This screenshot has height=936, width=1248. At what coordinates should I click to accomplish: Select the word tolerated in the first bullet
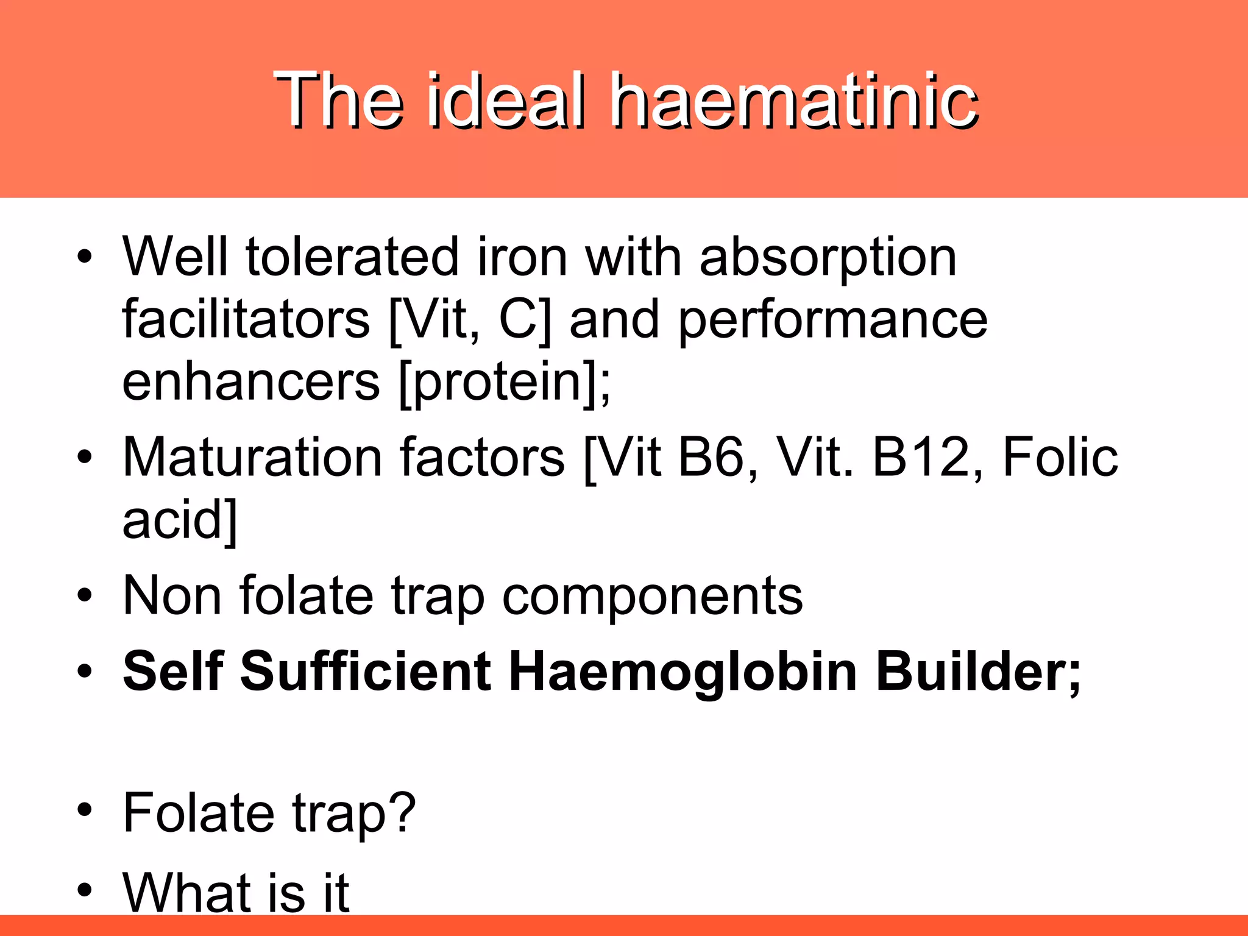pyautogui.click(x=352, y=257)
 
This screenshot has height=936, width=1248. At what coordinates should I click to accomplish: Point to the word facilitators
pyautogui.click(x=246, y=319)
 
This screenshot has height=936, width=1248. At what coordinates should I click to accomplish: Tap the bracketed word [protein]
pyautogui.click(x=503, y=384)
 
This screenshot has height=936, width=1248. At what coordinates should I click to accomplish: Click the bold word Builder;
pyautogui.click(x=977, y=672)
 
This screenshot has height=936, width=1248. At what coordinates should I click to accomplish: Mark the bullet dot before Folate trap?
pyautogui.click(x=85, y=810)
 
